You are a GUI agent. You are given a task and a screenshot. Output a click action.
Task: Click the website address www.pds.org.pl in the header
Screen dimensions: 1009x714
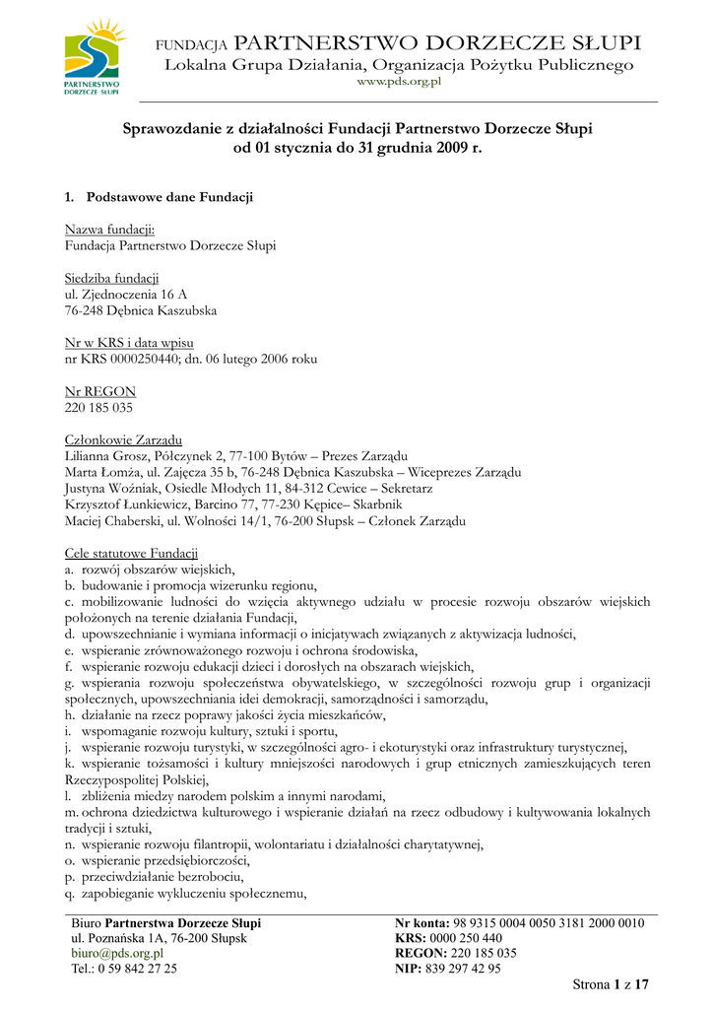click(x=399, y=83)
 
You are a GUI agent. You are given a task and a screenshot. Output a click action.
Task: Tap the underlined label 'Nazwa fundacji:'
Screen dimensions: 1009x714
click(x=109, y=230)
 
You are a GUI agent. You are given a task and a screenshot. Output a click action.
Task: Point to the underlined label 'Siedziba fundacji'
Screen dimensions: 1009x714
click(x=111, y=279)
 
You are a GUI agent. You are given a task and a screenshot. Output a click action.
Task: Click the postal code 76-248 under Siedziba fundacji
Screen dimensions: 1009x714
click(x=88, y=310)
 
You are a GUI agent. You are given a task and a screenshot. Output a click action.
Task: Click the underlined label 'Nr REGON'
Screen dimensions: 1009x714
click(x=99, y=391)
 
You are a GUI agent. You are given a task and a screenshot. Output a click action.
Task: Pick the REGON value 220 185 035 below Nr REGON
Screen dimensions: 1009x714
click(x=98, y=407)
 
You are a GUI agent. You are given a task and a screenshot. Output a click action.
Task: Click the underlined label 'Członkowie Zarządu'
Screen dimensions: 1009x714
click(x=122, y=439)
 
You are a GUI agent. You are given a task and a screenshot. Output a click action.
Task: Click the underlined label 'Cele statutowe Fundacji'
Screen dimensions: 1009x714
click(x=131, y=553)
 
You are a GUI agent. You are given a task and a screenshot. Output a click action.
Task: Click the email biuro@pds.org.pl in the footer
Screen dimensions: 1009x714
click(x=117, y=954)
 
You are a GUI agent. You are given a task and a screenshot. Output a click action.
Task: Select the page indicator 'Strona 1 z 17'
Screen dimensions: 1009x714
click(x=611, y=984)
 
